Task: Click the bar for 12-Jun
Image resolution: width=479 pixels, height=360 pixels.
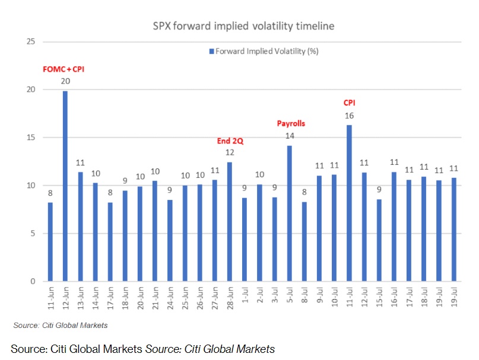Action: coord(65,186)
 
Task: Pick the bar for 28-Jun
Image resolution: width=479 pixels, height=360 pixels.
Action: coord(230,222)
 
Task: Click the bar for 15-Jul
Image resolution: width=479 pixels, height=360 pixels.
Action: coord(379,240)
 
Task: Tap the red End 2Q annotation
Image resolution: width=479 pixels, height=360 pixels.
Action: coord(230,141)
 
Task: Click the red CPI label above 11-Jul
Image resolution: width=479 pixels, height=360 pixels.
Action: coord(349,103)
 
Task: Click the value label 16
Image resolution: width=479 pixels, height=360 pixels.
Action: coord(349,116)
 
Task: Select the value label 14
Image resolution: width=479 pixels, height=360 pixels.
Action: coord(290,136)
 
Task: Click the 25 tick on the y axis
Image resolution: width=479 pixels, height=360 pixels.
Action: coord(31,42)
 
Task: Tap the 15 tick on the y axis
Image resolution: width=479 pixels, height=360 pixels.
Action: coord(31,138)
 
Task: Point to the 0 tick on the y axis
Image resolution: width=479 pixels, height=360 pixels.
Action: coord(33,282)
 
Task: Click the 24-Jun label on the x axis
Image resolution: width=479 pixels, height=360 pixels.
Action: coord(170,301)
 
